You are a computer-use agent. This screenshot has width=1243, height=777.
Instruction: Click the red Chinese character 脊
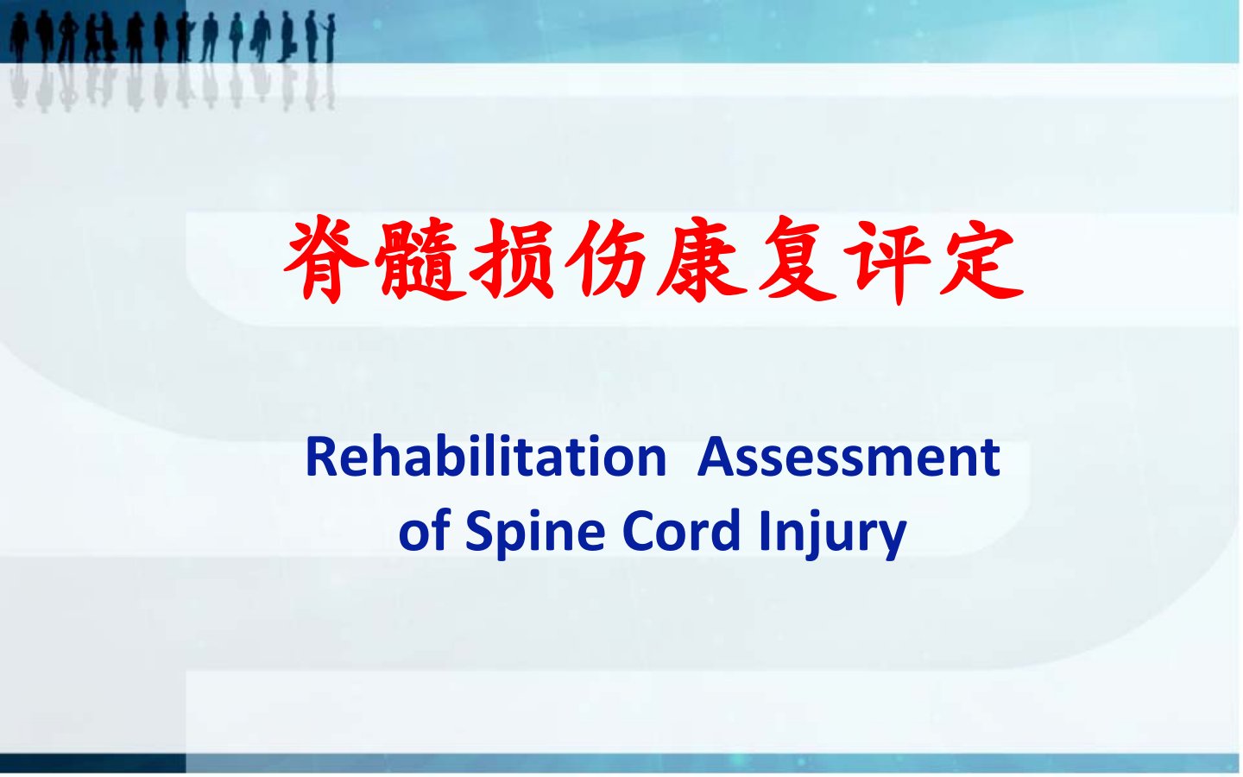click(x=326, y=260)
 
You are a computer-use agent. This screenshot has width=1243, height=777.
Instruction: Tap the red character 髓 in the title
click(x=420, y=260)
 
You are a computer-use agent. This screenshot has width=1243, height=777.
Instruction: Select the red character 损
click(x=513, y=260)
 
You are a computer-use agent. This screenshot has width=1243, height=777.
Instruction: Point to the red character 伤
click(x=605, y=260)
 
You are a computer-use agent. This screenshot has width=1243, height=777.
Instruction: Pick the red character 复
click(x=796, y=260)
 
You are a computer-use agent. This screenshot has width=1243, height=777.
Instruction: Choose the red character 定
click(x=981, y=260)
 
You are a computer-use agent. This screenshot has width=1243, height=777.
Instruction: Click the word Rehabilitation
click(x=486, y=457)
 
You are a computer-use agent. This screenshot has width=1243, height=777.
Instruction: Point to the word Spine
click(x=534, y=534)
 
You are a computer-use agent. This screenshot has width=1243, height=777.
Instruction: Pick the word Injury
click(x=832, y=534)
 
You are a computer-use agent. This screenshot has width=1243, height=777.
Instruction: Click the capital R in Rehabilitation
click(x=321, y=458)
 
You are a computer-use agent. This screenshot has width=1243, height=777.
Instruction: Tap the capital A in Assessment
click(x=716, y=458)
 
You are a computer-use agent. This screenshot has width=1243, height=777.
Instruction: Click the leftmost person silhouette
click(x=19, y=38)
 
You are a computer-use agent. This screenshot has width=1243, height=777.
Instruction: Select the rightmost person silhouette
click(x=331, y=39)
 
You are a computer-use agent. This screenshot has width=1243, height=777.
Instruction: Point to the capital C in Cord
click(x=640, y=531)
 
